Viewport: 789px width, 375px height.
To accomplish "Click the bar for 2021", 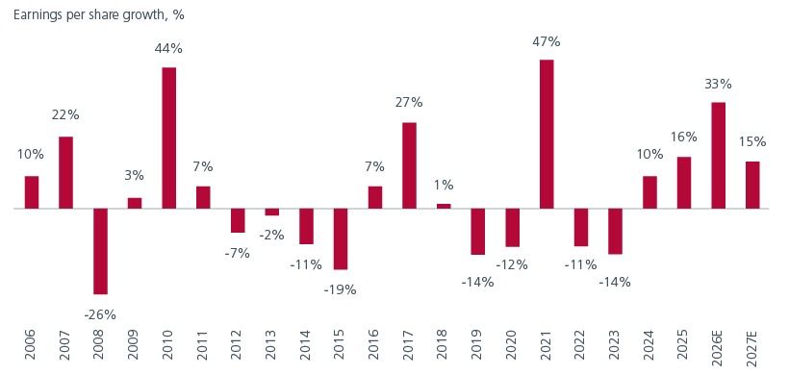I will pos(547,134).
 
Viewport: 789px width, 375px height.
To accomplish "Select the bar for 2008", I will pos(100,251).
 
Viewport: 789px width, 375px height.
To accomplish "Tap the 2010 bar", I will pos(168,137).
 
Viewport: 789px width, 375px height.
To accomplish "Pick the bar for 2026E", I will pos(718,155).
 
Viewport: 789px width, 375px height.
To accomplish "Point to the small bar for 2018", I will pos(444,206).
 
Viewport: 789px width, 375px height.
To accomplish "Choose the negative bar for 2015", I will pos(341,238).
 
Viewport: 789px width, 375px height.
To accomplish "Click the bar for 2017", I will pos(409,165).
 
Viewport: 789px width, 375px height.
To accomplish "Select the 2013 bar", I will pos(272,212).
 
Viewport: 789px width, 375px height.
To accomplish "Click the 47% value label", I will pos(547,42).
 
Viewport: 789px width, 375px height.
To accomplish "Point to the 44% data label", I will pos(168,50).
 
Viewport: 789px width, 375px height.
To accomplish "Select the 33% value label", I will pos(718,85).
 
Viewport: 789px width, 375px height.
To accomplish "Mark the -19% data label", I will pos(341,287).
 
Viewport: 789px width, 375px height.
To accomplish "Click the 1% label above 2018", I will pos(444,186).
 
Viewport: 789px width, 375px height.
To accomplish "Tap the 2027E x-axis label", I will pos(752,345).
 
